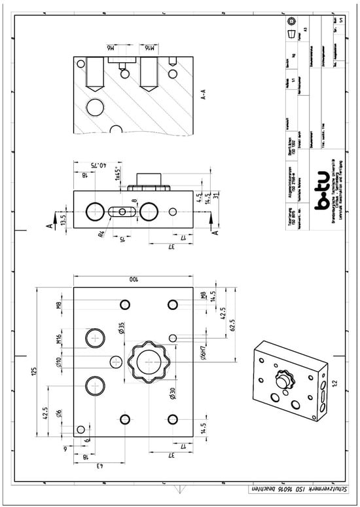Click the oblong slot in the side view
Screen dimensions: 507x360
(122, 211)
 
